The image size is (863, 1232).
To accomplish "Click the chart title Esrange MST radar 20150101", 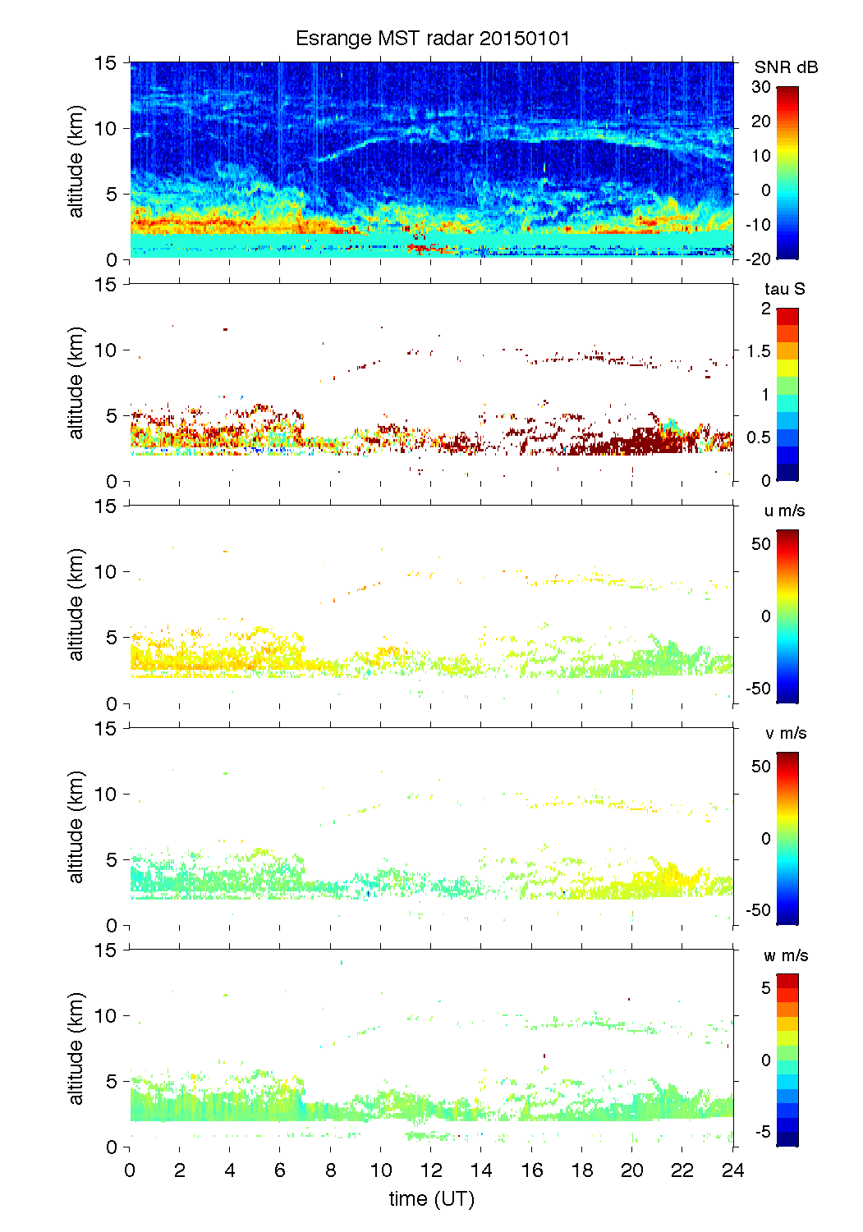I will coord(432,39).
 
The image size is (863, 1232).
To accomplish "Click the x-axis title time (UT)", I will coord(431,1198).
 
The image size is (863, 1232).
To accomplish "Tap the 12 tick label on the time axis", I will coord(431,1170).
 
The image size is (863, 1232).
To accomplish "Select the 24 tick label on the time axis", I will coord(732,1170).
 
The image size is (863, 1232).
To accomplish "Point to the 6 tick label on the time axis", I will coord(280,1170).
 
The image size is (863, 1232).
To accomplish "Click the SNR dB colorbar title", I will coord(786,67).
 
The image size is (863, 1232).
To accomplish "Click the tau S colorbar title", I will coord(784,289).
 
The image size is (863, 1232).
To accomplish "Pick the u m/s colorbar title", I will coord(784,511).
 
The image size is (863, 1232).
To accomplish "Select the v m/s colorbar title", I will coord(785,733).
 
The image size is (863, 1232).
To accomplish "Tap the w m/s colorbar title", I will coord(786,955).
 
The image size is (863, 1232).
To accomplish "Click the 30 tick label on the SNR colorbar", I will coord(761,87).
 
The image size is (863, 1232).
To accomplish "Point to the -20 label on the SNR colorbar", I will coord(759,259).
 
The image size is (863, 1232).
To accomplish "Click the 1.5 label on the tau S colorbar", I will coord(759,351).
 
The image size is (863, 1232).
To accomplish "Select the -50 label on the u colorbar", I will coord(759,688).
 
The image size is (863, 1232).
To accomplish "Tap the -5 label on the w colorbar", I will coord(762,1132).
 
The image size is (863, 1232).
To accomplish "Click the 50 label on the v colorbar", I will coord(761,767).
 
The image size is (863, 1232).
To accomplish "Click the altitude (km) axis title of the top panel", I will coord(76,161).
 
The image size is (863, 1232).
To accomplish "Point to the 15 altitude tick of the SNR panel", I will coord(107,62).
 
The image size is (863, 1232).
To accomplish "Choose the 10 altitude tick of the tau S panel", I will coord(107,350).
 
